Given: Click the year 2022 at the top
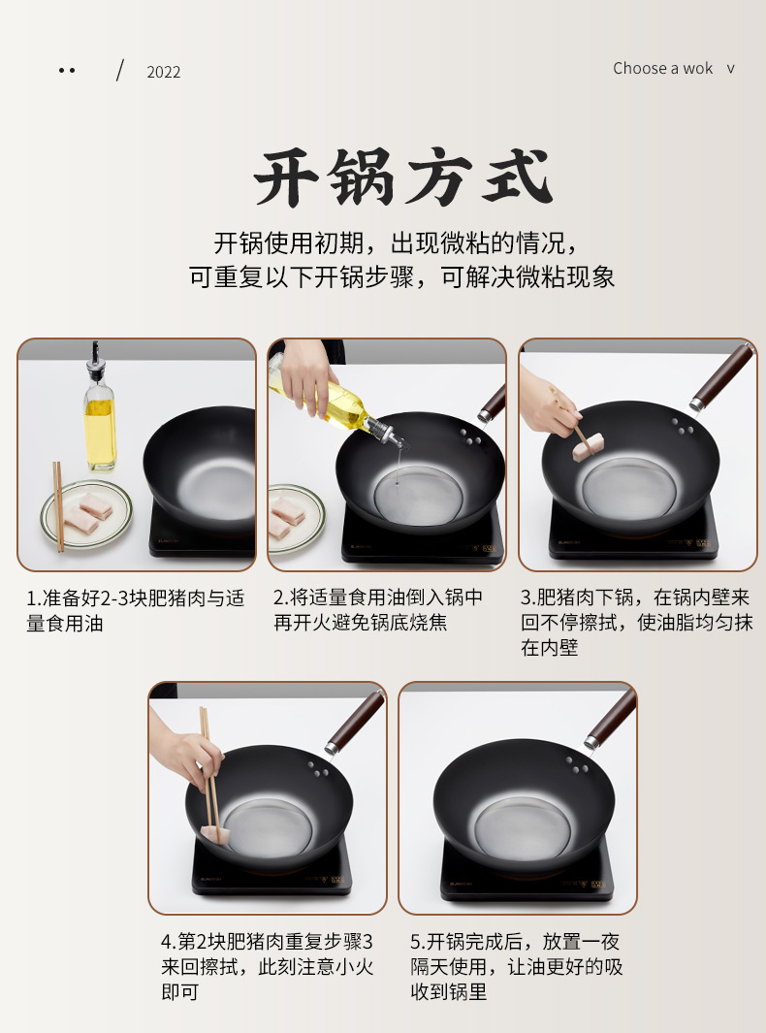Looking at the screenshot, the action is coord(163,72).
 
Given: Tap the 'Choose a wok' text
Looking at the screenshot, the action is coord(662,69).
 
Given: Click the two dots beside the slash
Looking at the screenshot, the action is coord(67,70).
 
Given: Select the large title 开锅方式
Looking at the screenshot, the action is coord(402,178).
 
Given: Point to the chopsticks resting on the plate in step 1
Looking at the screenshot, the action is coord(58,505).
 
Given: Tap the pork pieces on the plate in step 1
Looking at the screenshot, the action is coord(88,513).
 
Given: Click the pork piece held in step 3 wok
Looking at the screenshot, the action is coord(589,447).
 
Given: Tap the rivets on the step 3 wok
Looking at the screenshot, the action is coord(682,426).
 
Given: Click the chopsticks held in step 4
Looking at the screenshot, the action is coord(210,767).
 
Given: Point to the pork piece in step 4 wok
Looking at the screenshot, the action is coord(215,835).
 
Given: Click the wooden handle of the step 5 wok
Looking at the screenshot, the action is coord(610,719).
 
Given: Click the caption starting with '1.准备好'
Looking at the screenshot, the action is coord(135,611).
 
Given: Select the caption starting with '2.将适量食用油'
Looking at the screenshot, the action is coord(378,609).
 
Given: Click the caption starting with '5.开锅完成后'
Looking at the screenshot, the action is coord(517,966).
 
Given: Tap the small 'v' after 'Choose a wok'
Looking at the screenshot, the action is coord(730,69).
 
